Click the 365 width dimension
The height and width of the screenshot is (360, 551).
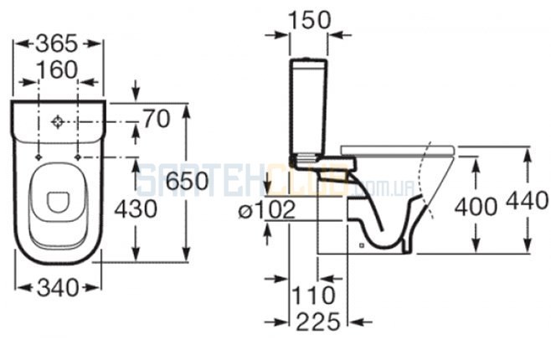(x=57, y=44)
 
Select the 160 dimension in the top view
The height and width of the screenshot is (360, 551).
(x=57, y=69)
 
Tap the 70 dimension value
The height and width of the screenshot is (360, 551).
(x=157, y=119)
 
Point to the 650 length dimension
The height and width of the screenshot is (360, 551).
(x=187, y=181)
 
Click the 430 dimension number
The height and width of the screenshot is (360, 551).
(x=136, y=209)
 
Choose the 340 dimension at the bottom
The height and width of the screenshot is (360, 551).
(x=58, y=288)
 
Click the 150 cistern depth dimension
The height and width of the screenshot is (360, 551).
(x=309, y=19)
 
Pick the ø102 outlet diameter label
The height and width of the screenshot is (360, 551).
(x=267, y=210)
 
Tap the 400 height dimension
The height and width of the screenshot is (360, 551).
(x=476, y=206)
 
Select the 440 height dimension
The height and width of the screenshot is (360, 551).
(x=527, y=201)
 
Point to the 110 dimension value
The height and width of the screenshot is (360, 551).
(x=313, y=295)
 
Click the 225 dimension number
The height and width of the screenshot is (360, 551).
(x=318, y=321)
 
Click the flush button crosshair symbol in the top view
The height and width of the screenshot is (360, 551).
(x=57, y=122)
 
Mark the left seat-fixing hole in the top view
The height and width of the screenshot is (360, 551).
(x=39, y=157)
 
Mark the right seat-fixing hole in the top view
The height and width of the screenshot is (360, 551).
(x=78, y=157)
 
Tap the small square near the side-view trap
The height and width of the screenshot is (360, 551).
(x=362, y=245)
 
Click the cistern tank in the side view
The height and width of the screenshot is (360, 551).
(x=308, y=107)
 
